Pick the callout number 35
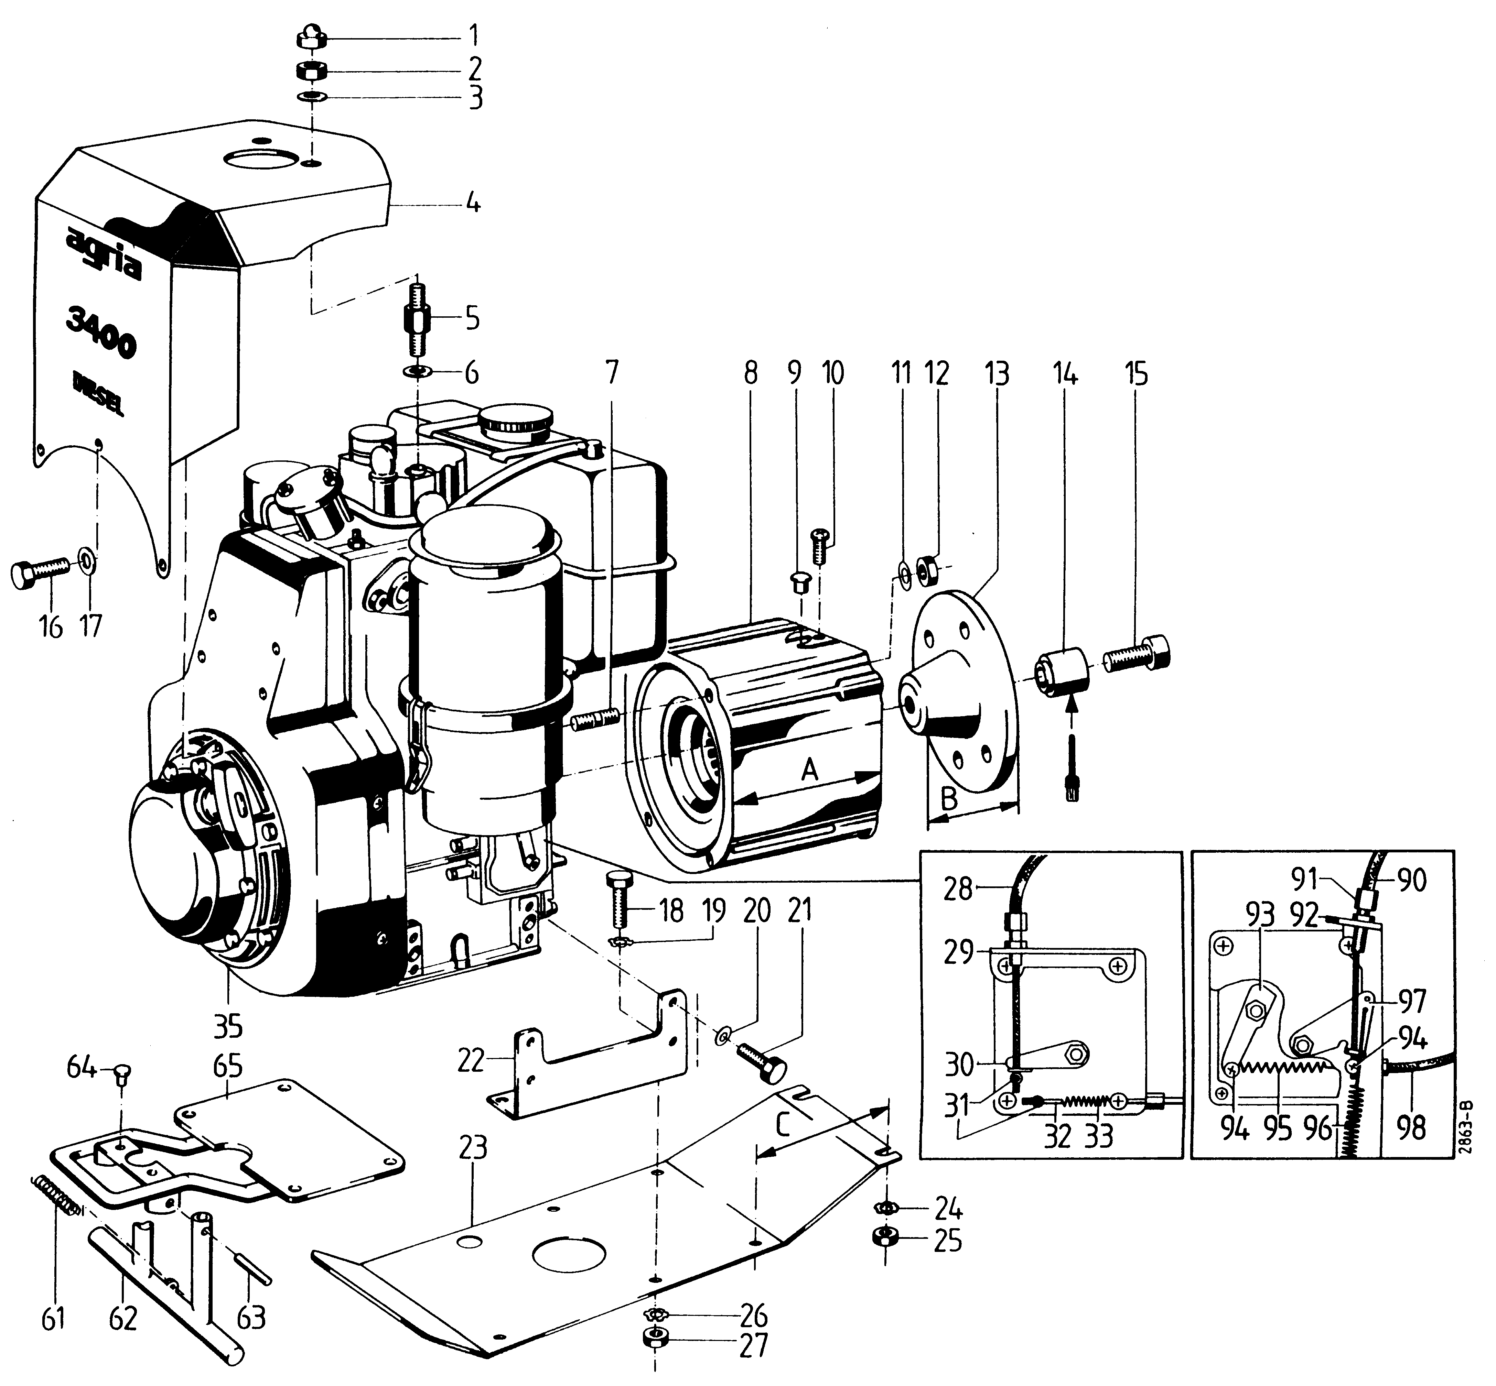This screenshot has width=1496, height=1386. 227,1026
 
